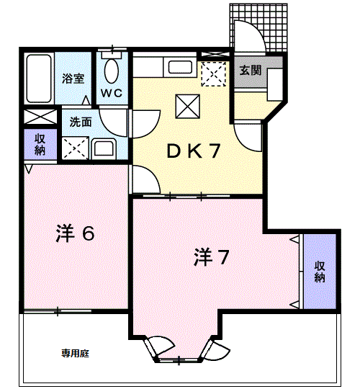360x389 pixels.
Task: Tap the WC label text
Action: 111,92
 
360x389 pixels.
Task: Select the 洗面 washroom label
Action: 80,122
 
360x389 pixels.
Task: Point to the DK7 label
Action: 194,151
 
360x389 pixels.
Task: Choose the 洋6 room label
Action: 76,234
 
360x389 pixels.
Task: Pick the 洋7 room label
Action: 212,257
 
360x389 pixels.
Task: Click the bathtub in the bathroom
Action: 37,78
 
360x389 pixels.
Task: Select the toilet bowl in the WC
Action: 112,71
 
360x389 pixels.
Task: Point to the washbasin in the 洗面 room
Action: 104,149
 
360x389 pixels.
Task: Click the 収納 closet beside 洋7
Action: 320,272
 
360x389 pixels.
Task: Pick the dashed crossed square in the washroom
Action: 74,148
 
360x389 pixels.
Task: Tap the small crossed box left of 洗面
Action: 39,117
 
